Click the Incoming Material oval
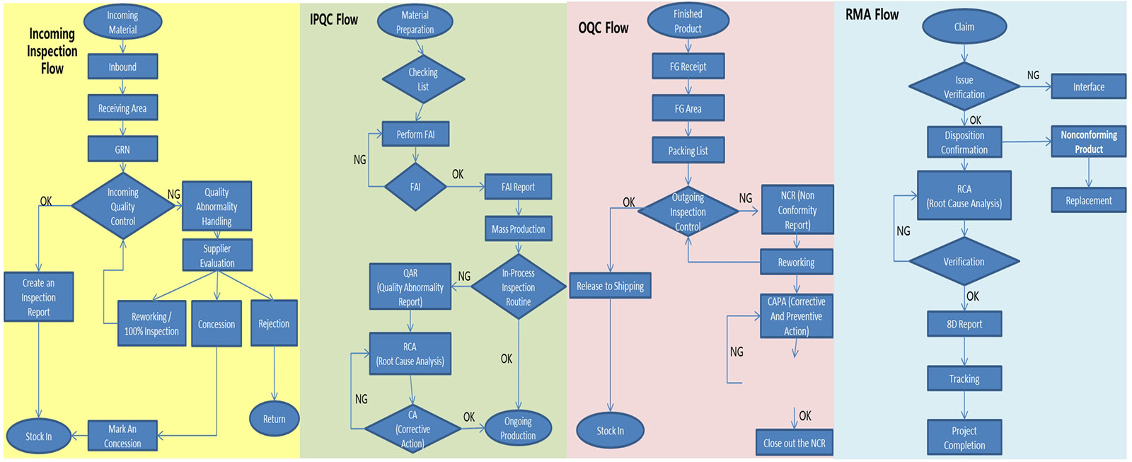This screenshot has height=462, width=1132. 122,23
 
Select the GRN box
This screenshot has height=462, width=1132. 122,149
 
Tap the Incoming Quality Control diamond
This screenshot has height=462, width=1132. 123,207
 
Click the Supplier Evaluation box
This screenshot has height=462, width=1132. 217,255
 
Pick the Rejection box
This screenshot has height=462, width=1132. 274,323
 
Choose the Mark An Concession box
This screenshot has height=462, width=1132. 122,436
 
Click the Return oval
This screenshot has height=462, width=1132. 275,419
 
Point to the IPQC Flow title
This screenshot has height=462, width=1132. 334,20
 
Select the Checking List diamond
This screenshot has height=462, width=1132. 423,79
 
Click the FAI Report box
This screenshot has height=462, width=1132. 518,187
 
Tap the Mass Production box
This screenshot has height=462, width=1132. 518,229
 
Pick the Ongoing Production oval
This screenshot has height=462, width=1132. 518,428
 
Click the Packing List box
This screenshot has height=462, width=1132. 688,151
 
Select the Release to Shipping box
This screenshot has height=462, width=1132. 610,286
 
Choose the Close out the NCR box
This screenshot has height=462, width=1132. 794,443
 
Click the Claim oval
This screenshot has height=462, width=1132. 964,27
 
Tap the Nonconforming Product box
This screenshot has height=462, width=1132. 1088,142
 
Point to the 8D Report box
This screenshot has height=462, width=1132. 964,324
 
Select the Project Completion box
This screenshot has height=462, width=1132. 964,438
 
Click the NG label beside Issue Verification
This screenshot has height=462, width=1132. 1033,75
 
